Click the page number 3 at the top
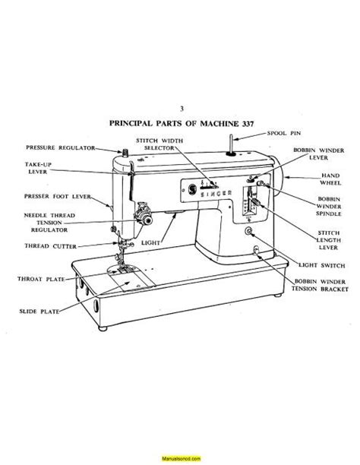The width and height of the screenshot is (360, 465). click(180, 109)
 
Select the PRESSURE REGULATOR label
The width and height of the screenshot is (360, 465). click(60, 147)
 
